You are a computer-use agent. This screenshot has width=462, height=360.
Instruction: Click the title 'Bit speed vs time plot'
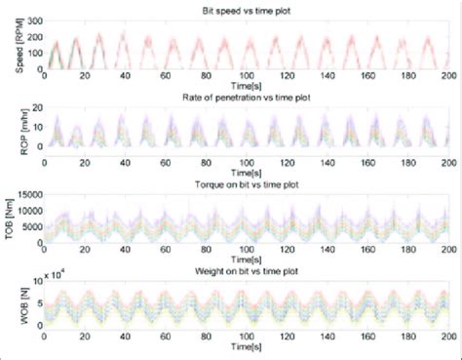point(245,9)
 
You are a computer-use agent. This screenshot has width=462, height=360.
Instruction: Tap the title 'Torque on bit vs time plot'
point(245,180)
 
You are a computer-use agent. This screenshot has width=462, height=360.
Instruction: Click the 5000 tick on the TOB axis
point(30,225)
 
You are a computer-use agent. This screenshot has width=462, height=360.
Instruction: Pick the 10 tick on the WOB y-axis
point(36,280)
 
